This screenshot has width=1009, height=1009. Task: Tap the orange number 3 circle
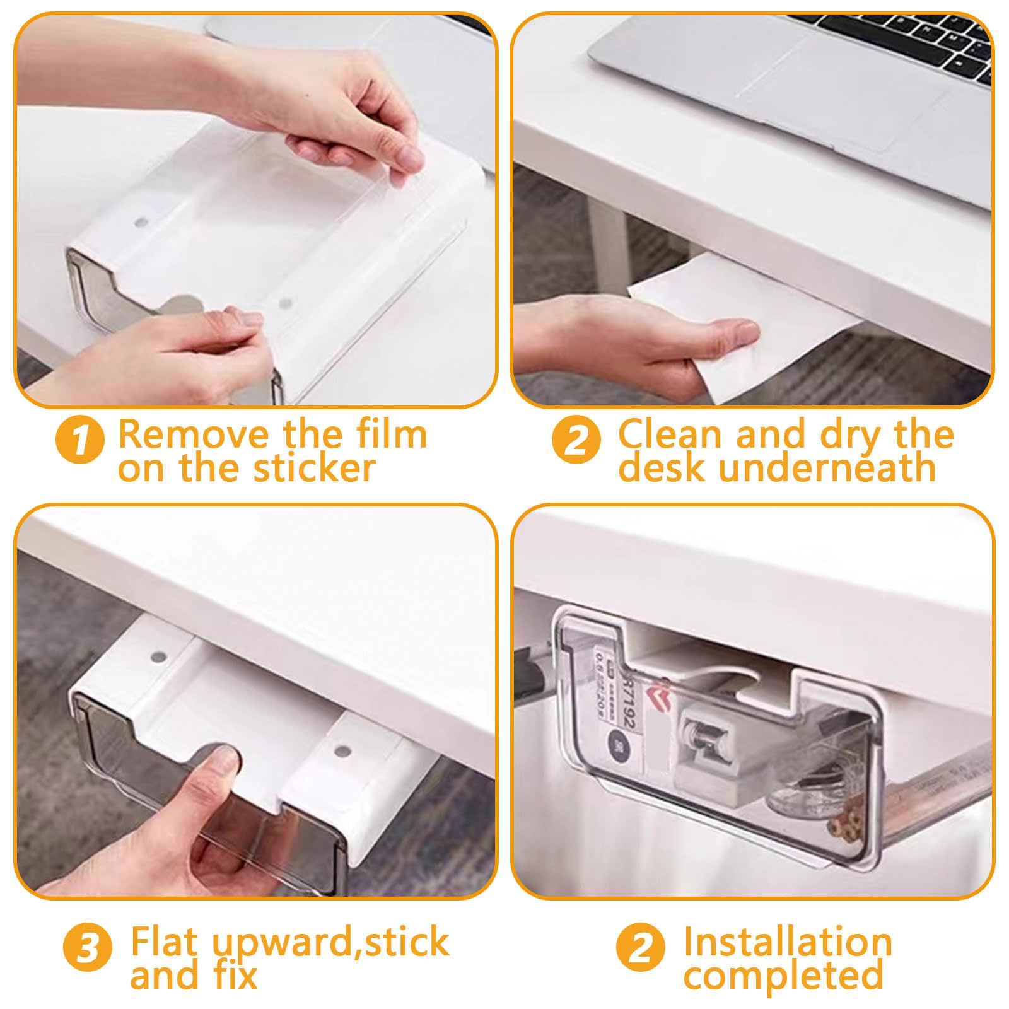pos(88,948)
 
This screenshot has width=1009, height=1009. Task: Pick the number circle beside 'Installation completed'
pos(640,948)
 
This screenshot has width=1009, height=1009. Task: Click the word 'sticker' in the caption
pos(313,468)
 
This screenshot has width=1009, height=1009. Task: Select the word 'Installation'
pos(788,942)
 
